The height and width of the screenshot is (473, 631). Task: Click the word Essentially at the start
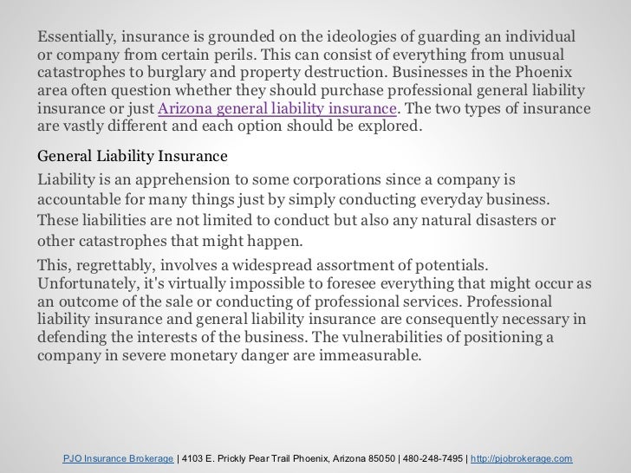[x=75, y=38]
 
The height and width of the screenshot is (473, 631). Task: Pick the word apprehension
[x=192, y=178]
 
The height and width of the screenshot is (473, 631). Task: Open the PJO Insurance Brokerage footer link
[x=119, y=457]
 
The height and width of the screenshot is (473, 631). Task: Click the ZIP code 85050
[x=379, y=457]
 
